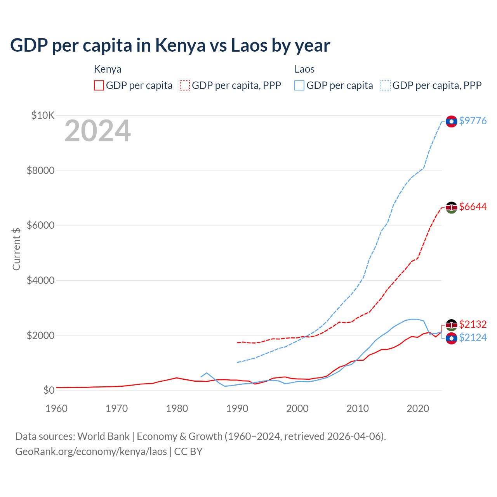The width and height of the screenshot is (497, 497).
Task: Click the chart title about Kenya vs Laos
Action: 170,45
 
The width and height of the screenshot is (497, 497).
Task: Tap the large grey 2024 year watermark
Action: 97,131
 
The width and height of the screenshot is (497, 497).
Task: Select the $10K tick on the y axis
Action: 43,115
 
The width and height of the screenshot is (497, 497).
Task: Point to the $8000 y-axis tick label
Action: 40,170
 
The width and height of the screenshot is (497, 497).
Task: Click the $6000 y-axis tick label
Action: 40,226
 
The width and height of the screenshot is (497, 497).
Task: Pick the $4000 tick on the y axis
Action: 40,280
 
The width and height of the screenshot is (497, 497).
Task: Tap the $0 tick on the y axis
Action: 49,390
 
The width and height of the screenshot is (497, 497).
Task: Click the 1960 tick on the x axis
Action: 57,408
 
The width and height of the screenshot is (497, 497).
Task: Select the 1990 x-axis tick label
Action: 237,408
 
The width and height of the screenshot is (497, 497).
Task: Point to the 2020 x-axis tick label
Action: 418,408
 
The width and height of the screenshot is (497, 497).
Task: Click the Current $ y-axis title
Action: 16,249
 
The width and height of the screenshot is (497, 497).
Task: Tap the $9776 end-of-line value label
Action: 473,121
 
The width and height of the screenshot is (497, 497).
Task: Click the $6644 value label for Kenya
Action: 473,207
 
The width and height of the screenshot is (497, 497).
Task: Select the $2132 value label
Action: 473,324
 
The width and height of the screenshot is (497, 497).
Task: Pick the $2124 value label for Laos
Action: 473,337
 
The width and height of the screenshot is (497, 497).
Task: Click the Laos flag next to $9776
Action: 451,122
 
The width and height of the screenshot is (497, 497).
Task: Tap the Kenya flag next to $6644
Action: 451,208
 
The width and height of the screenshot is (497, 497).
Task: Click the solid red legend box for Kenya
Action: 99,85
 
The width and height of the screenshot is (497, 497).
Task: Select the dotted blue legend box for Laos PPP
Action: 386,85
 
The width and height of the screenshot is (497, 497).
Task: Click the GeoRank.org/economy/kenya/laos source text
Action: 91,452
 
